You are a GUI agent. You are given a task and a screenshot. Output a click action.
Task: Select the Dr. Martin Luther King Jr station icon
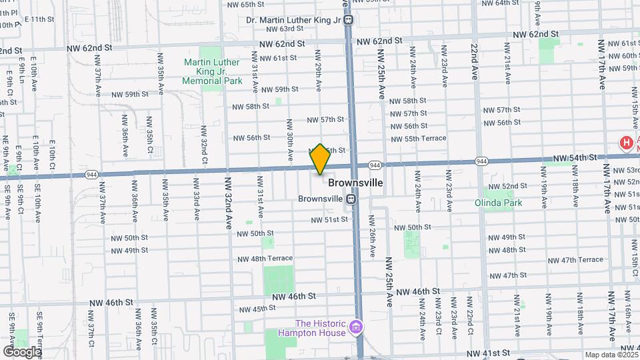(349, 20)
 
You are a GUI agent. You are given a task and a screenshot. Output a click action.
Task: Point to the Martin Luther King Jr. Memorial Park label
(213, 71)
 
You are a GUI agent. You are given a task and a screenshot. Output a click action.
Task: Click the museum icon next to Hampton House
(356, 327)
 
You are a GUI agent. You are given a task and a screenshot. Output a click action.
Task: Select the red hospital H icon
(626, 143)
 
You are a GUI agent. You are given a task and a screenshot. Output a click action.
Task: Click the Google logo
(22, 351)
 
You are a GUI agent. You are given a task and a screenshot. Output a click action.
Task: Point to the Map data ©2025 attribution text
(611, 355)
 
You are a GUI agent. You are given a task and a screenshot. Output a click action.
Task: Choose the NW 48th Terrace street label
(265, 259)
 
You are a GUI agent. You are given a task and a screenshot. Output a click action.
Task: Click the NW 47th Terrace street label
(575, 260)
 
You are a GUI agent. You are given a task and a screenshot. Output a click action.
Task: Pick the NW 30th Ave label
(290, 141)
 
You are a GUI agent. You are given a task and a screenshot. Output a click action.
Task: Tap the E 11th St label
(39, 19)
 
